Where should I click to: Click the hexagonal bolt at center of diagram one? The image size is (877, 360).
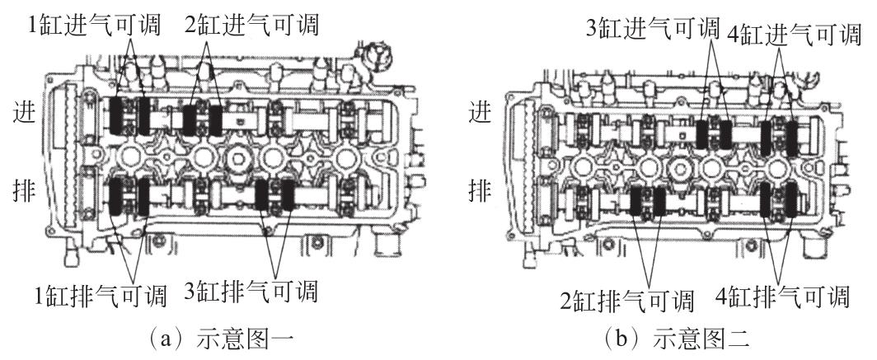click(238, 157)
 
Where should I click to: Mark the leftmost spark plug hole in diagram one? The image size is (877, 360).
click(133, 157)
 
